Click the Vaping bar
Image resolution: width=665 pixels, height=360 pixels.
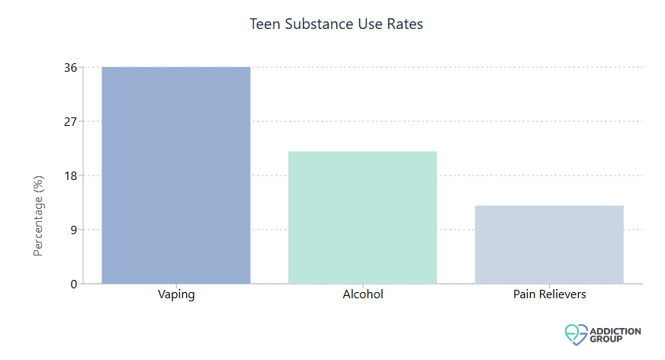point(176,175)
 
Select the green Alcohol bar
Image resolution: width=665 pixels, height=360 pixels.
point(362,217)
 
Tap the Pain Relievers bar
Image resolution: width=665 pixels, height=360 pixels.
point(549,244)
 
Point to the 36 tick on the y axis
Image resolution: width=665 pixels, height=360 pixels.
point(70,67)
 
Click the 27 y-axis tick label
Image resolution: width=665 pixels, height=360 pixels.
point(70,121)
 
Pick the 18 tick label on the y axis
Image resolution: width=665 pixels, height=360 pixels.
point(70,175)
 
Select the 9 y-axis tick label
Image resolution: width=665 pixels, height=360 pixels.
point(73,230)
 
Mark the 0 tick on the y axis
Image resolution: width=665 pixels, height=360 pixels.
point(73,284)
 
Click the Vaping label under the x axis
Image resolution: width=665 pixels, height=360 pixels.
point(176,294)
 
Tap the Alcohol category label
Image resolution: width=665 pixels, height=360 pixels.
point(362,294)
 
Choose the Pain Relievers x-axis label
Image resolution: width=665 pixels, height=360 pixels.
point(549,294)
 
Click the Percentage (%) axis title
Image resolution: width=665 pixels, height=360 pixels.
point(39,215)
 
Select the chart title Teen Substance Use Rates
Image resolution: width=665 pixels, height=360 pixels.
point(336,24)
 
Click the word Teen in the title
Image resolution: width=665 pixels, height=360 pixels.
point(264,24)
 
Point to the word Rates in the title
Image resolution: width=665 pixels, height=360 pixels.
point(406,24)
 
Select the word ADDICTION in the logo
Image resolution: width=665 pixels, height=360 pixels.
point(615,330)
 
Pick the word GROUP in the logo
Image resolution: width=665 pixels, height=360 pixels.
point(606,338)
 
